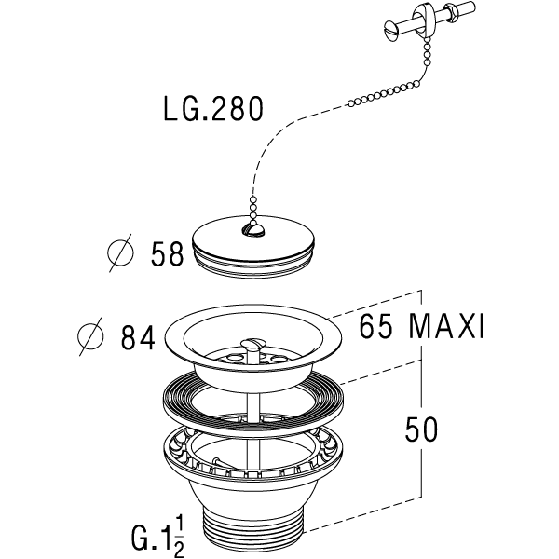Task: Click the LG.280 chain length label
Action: [213, 109]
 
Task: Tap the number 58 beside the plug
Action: [167, 253]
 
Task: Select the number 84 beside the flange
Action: [138, 337]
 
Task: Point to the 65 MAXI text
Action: [421, 326]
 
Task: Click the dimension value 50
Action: [421, 429]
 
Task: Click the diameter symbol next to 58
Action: [120, 253]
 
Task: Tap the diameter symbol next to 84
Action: [91, 336]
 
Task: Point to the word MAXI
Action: [446, 326]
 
